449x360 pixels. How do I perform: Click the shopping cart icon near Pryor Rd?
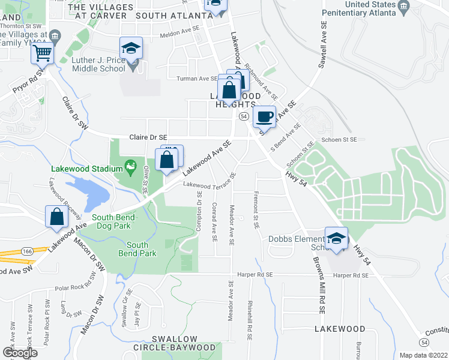coord(43,53)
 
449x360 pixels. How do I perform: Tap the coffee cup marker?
coord(264,116)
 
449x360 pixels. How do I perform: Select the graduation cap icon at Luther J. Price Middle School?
coord(131,48)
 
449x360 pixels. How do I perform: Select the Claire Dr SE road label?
coord(148,137)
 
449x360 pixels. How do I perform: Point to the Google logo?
coord(20,353)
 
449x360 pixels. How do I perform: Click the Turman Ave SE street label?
coord(197,78)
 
